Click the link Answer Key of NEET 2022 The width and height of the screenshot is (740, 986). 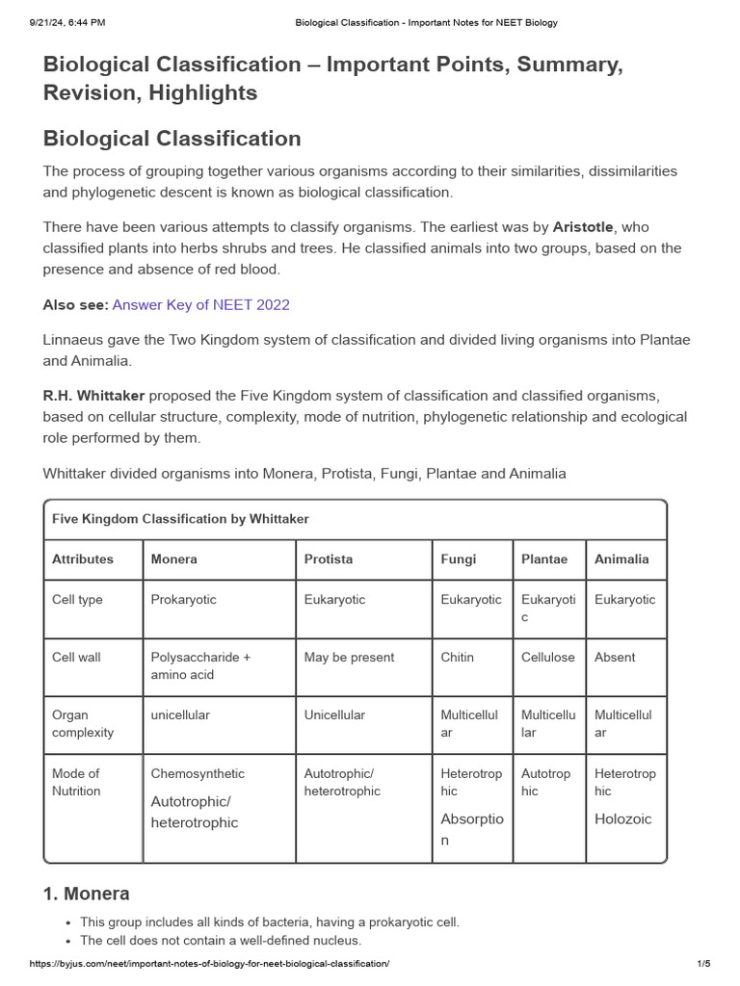point(200,305)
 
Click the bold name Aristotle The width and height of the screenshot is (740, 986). point(582,227)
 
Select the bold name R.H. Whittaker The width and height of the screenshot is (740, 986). point(93,397)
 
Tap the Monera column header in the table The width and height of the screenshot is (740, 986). point(173,559)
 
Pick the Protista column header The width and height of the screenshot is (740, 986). point(329,559)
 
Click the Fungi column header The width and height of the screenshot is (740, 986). point(459,559)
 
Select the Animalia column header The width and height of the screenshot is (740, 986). point(621,559)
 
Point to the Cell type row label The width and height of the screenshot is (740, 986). point(77,600)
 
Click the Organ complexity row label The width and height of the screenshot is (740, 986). point(83,724)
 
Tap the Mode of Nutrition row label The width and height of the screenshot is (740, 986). point(76,782)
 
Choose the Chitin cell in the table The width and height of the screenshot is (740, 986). point(457,658)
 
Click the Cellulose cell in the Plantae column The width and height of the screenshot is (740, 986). point(547,658)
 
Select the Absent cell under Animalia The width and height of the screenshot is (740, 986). point(615,658)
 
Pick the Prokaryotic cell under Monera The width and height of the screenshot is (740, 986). point(183,600)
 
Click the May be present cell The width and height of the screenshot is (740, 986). point(349,658)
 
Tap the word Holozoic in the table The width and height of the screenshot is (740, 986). point(623,819)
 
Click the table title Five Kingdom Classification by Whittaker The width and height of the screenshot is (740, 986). point(180,519)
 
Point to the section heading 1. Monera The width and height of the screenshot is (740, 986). point(86,894)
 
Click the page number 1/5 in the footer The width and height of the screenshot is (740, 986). point(702,964)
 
